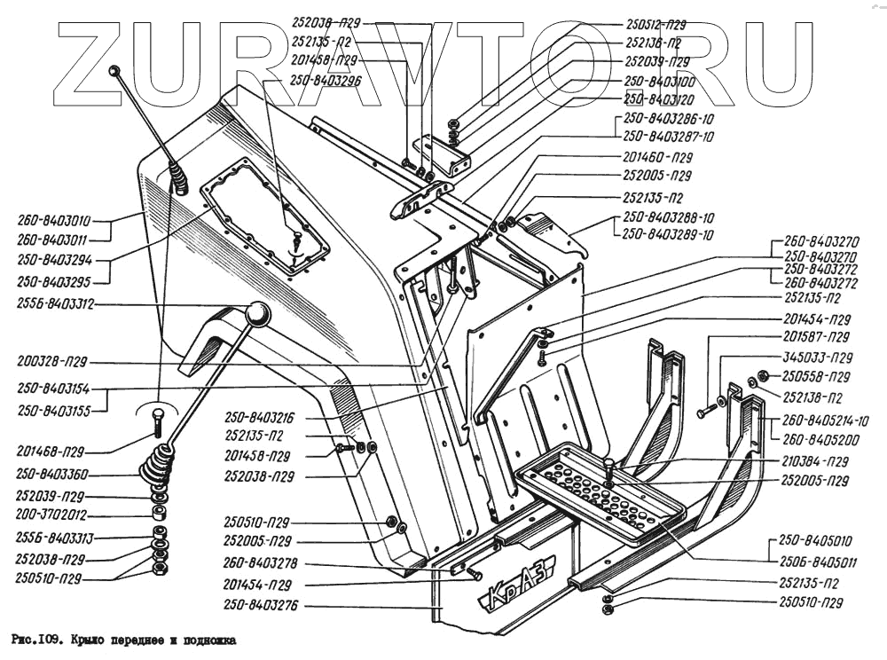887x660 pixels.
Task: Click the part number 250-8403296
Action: pos(325,80)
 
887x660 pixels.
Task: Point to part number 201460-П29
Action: pos(656,156)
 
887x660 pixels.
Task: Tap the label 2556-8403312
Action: pos(55,303)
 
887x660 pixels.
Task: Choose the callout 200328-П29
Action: pos(54,362)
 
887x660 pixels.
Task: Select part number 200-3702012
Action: pos(51,515)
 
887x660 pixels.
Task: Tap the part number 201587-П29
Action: pos(817,338)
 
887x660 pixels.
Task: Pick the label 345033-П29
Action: pos(817,358)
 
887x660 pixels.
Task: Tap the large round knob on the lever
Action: pos(257,313)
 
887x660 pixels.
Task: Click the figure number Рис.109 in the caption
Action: pos(34,638)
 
